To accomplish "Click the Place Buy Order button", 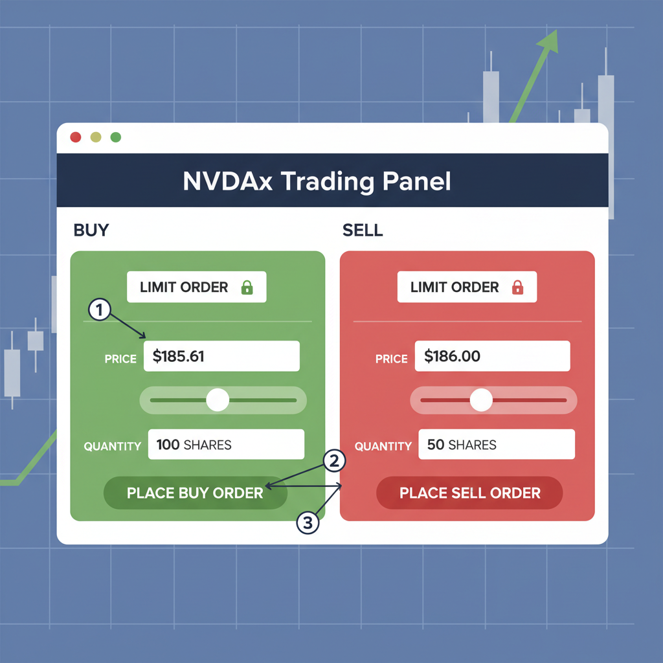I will click(195, 493).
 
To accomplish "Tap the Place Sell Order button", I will click(469, 493).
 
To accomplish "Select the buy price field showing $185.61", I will click(221, 355).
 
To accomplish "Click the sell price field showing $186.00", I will click(492, 355).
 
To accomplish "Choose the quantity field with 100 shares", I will click(226, 445).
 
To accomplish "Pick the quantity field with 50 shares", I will click(497, 445).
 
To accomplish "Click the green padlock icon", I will click(247, 287).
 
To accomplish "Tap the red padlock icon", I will click(517, 287).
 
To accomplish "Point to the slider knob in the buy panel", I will click(218, 400).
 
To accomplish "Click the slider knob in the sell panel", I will click(481, 400).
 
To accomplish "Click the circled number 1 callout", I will click(98, 309).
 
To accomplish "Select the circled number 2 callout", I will click(334, 461).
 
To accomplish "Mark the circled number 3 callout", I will click(308, 523).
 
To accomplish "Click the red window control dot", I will click(75, 137).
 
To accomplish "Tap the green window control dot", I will click(116, 137).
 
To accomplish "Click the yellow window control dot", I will click(96, 137).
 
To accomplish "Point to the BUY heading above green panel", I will click(91, 230).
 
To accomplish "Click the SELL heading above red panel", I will click(362, 230).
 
